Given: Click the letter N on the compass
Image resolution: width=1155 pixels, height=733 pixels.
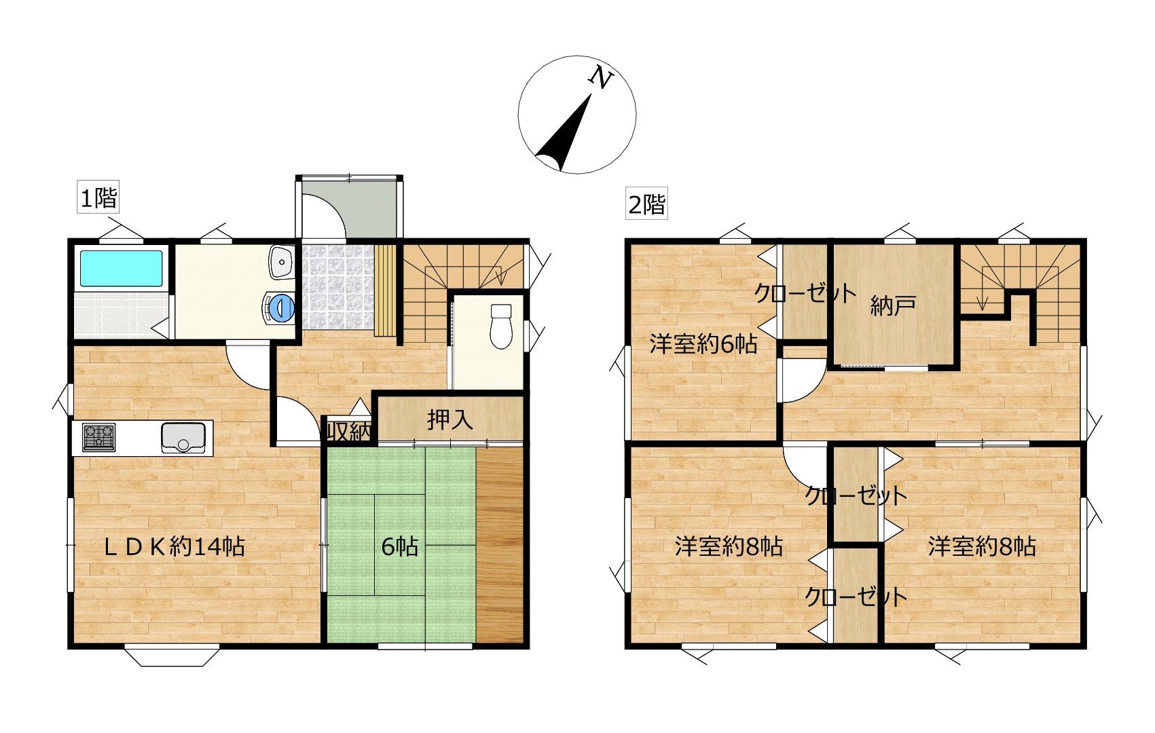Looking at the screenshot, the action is click(601, 78).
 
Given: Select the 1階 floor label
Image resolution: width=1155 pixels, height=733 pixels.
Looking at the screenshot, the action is click(98, 196).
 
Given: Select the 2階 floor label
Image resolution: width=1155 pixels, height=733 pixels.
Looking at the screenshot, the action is click(646, 203).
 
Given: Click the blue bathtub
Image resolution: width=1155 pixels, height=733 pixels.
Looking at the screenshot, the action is click(122, 268).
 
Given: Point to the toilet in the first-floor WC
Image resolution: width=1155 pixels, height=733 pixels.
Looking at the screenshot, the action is click(500, 326).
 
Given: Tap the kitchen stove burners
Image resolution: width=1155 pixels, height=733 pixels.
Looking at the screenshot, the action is click(99, 437).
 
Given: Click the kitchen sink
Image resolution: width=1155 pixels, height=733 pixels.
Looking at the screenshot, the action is click(183, 438).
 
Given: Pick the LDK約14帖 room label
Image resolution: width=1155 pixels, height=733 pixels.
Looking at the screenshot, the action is click(174, 547).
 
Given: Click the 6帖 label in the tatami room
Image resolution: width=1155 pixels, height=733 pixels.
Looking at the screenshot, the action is click(400, 546).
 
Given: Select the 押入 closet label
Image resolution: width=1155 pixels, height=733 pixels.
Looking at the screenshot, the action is click(450, 420).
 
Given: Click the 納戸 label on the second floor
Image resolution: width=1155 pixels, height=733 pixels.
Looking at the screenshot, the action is click(893, 306).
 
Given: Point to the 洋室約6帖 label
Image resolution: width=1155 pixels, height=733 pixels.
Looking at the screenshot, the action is click(703, 343).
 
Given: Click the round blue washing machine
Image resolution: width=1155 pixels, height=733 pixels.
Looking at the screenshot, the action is click(280, 307).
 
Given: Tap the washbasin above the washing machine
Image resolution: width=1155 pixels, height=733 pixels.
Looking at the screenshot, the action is click(282, 261).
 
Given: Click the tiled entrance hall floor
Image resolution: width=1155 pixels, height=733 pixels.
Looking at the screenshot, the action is click(337, 286).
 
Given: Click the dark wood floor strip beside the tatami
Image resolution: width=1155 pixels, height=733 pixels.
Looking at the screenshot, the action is click(500, 545).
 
